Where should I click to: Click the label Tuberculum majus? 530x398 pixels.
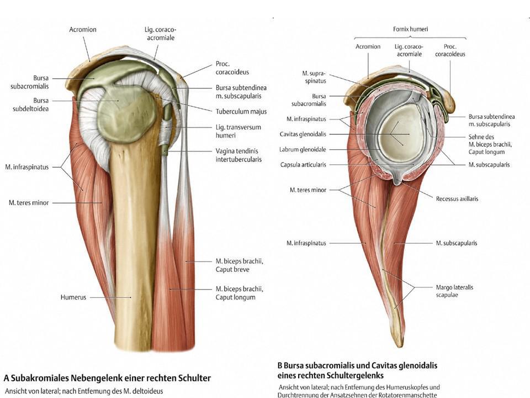(241, 112)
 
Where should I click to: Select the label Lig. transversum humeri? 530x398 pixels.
(238, 131)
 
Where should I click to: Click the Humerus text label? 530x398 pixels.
(73, 297)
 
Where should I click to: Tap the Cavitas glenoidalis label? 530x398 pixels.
(303, 134)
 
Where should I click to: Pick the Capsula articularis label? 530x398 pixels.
(303, 164)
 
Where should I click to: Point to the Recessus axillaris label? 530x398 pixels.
(457, 198)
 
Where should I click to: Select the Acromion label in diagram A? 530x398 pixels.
(83, 29)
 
